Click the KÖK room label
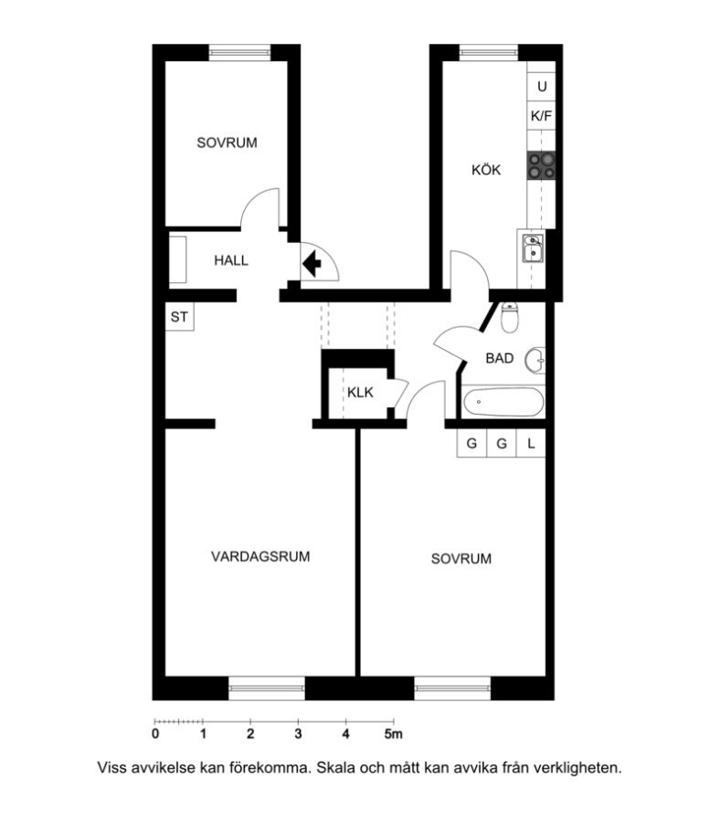click(x=485, y=169)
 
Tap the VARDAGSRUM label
click(x=260, y=556)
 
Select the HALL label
click(x=231, y=260)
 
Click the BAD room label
click(x=499, y=358)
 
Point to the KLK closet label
click(x=360, y=392)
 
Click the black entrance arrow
click(x=312, y=263)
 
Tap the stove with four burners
click(x=541, y=165)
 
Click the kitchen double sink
click(x=533, y=248)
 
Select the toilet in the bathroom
click(x=509, y=318)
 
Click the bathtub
click(x=503, y=402)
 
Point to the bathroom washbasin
click(x=535, y=360)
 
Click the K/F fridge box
click(x=541, y=116)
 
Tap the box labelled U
click(x=541, y=87)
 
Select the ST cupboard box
click(x=180, y=317)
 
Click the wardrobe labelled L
click(x=531, y=444)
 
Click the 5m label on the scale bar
click(x=393, y=734)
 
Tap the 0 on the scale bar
click(x=155, y=734)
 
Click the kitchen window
click(x=489, y=52)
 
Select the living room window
click(x=267, y=689)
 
